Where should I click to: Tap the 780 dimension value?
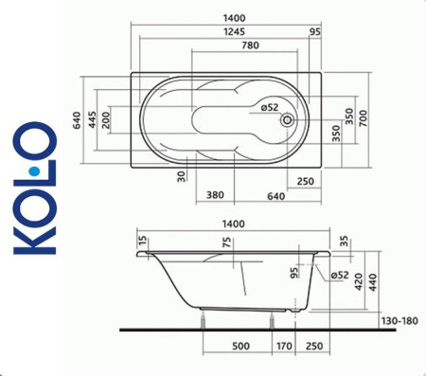(226, 45)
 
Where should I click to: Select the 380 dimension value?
(215, 196)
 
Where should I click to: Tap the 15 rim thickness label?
(143, 242)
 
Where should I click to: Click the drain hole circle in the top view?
(287, 119)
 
